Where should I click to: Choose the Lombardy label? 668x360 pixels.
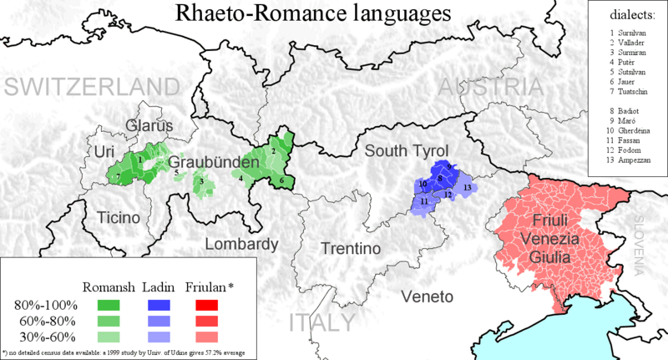click(x=241, y=245)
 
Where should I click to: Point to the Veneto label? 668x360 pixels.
click(x=426, y=297)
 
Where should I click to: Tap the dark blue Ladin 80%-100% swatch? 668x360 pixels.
click(x=156, y=304)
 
